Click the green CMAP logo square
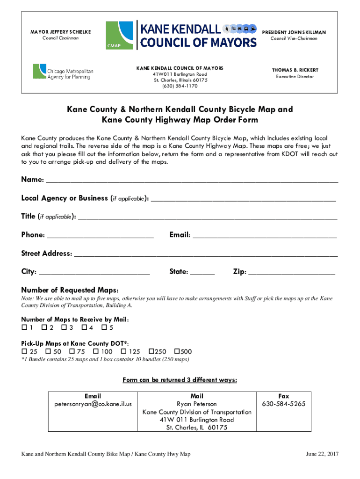(x=119, y=35)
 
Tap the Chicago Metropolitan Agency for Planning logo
(x=63, y=71)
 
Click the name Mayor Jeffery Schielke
(x=61, y=32)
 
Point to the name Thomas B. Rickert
(x=295, y=70)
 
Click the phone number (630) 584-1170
(x=180, y=86)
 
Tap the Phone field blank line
(x=100, y=237)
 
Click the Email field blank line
(x=265, y=237)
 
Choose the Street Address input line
(x=206, y=255)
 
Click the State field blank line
(x=202, y=274)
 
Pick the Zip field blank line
(x=292, y=274)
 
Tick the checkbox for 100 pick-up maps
(x=96, y=351)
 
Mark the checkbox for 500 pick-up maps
(x=177, y=351)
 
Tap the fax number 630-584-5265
(x=284, y=404)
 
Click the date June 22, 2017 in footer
(x=322, y=454)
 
